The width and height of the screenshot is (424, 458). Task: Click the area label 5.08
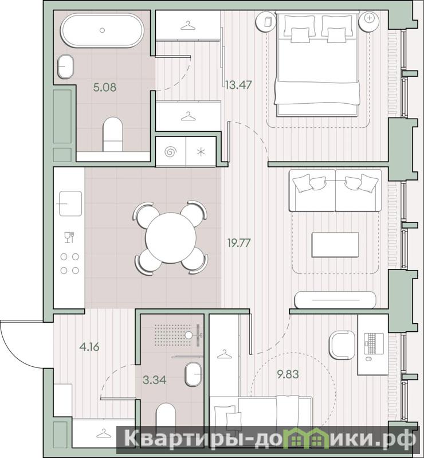[104, 87]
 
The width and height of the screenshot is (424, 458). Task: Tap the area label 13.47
[238, 85]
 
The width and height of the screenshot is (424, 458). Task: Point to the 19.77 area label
[239, 242]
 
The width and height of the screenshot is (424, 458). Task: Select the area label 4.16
[89, 347]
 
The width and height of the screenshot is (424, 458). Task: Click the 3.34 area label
[155, 379]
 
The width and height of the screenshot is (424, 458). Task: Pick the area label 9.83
[288, 374]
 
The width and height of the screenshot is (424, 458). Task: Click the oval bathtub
[102, 30]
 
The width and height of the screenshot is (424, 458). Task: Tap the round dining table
[171, 237]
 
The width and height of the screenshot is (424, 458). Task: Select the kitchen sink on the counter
[70, 203]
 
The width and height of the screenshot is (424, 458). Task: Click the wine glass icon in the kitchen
[69, 237]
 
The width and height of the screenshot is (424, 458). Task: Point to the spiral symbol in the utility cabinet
[171, 152]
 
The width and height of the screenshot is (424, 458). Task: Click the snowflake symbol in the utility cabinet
[201, 152]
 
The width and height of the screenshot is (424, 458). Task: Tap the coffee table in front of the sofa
[335, 245]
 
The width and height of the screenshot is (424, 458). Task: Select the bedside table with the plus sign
[369, 21]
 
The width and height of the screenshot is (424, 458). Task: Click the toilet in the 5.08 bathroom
[113, 135]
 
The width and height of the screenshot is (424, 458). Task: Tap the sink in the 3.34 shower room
[193, 374]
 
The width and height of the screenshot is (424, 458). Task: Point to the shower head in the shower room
[194, 335]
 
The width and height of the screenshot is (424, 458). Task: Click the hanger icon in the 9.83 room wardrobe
[224, 354]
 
